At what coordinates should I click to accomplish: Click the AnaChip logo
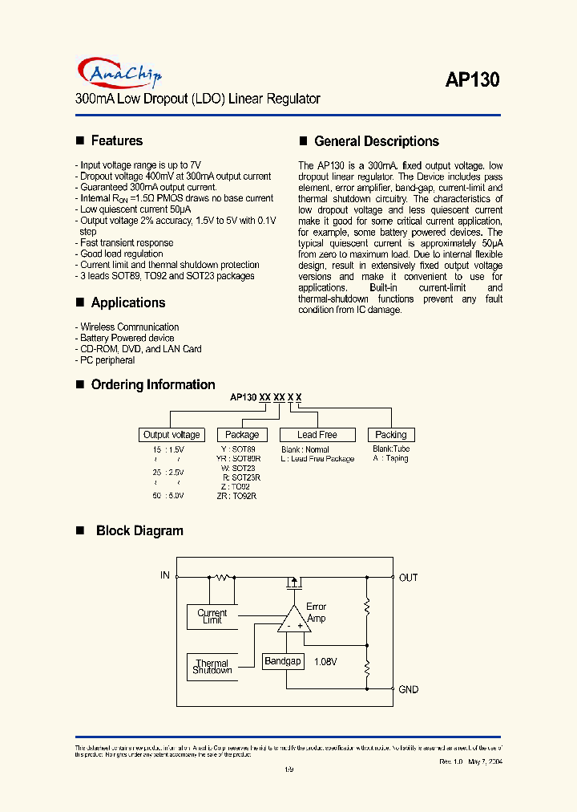[x=119, y=73]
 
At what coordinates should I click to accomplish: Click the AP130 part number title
[x=472, y=79]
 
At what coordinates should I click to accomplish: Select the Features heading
[x=116, y=140]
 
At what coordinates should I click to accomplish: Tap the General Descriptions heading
[x=376, y=141]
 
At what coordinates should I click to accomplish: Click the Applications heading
[x=127, y=302]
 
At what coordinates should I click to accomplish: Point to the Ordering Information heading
[x=152, y=384]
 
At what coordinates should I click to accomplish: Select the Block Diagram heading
[x=139, y=530]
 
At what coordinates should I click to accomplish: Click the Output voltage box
[x=171, y=435]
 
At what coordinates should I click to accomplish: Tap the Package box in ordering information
[x=242, y=435]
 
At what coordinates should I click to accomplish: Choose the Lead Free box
[x=317, y=435]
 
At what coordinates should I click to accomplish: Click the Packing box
[x=391, y=435]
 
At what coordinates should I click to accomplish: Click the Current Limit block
[x=212, y=616]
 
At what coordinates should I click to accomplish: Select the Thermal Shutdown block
[x=212, y=667]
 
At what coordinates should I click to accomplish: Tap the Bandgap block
[x=283, y=661]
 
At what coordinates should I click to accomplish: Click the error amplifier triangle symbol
[x=294, y=620]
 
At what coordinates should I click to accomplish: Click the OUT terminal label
[x=408, y=578]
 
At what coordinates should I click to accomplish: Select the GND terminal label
[x=408, y=689]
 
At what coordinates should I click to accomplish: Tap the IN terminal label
[x=165, y=575]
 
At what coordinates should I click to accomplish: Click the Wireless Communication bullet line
[x=129, y=327]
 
